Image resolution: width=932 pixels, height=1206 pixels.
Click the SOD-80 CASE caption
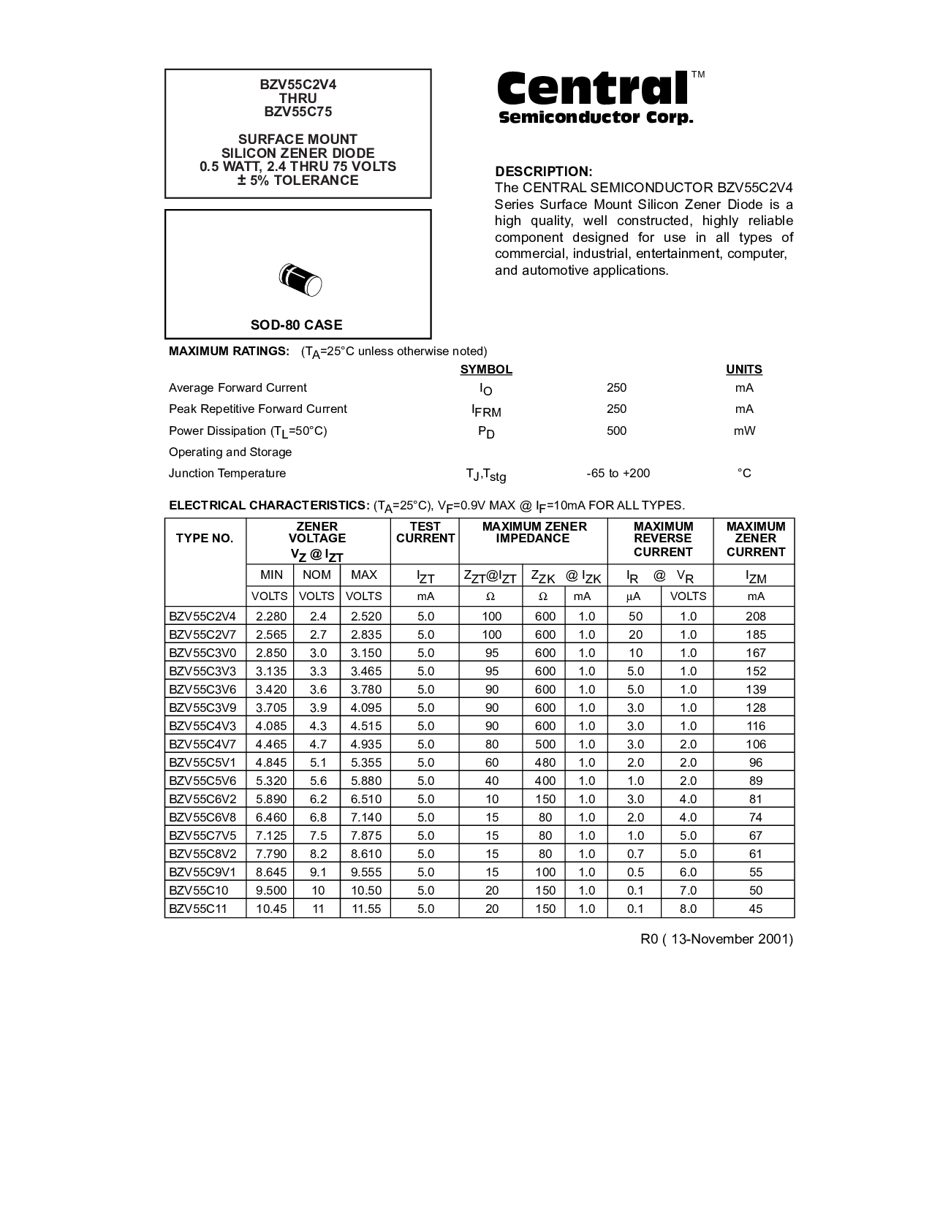click(296, 325)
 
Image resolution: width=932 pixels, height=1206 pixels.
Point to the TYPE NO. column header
click(205, 539)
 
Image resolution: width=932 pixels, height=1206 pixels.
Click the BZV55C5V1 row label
click(202, 762)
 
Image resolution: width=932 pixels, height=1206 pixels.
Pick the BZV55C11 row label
click(197, 909)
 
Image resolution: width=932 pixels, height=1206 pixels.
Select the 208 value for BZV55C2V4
click(755, 616)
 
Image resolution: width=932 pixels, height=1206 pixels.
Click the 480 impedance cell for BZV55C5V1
click(545, 762)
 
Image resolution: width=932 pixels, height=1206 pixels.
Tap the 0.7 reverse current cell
click(635, 854)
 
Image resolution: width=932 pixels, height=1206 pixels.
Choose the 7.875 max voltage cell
click(364, 835)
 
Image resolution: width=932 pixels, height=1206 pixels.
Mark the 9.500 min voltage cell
click(270, 890)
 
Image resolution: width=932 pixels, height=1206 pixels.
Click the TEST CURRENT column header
click(425, 532)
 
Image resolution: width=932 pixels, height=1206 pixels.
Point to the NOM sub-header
click(317, 575)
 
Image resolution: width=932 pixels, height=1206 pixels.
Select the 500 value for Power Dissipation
click(616, 431)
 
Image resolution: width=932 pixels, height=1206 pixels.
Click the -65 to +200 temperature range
click(618, 473)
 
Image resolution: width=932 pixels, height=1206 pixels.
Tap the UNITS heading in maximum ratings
click(743, 369)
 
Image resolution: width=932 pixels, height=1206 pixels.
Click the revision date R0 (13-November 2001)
click(716, 939)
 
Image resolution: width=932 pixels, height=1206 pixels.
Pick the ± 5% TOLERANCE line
click(298, 181)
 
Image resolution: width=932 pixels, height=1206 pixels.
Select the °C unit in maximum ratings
click(743, 473)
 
